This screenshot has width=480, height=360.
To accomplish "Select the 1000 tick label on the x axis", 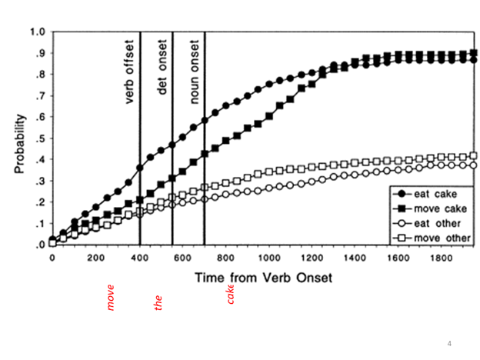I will click(x=268, y=258).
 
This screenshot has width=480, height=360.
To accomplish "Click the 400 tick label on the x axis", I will click(x=139, y=258).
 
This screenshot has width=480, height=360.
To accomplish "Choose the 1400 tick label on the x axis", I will click(x=355, y=258).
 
